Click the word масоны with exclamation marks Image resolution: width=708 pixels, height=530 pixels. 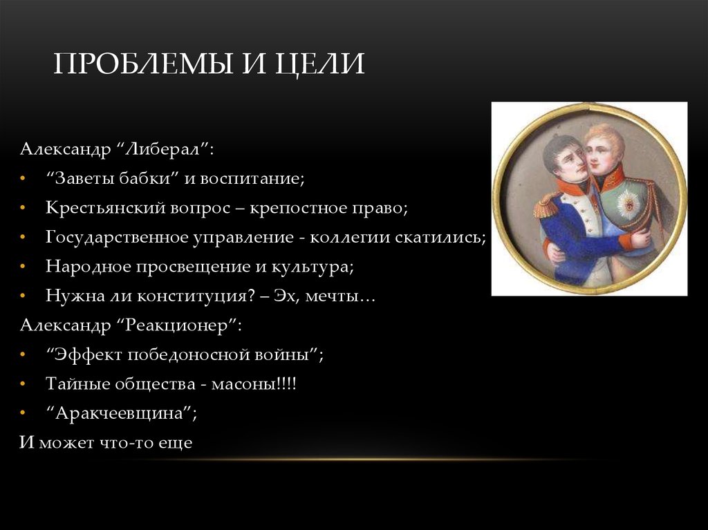point(259,384)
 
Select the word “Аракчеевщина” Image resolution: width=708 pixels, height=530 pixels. point(122,413)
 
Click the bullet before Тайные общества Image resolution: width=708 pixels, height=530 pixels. point(24,384)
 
